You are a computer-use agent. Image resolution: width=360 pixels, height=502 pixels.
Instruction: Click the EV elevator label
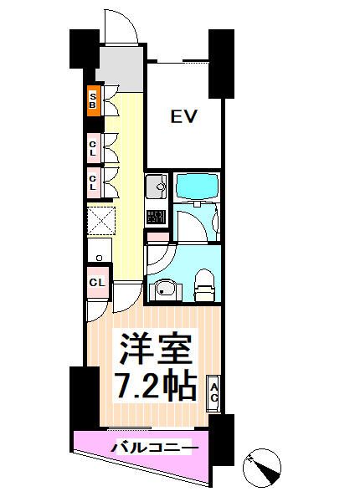(184, 116)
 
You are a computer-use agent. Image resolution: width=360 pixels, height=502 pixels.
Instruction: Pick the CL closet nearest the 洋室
(96, 282)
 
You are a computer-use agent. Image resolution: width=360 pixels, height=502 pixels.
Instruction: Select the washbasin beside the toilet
(165, 289)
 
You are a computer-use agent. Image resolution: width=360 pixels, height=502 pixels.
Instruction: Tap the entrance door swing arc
(119, 25)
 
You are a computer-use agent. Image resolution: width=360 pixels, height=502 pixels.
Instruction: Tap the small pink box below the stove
(156, 235)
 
